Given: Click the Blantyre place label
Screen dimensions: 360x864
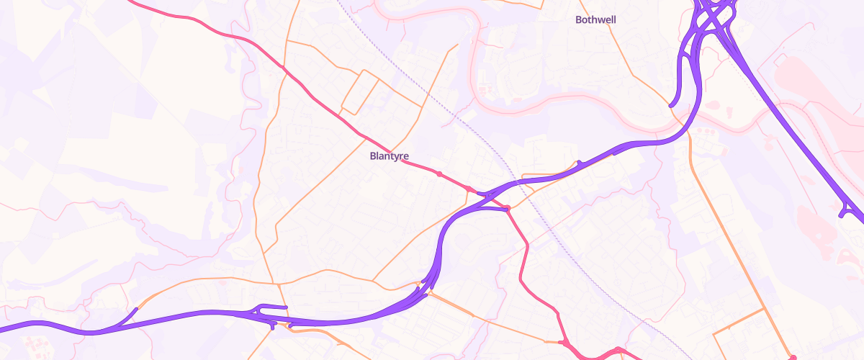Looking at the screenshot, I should (x=389, y=155).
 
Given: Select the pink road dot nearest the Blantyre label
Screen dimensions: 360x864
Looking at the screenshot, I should (x=438, y=174).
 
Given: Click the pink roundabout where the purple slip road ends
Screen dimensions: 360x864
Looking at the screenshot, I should (x=508, y=209).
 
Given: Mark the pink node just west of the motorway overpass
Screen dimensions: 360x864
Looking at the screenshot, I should (x=469, y=189).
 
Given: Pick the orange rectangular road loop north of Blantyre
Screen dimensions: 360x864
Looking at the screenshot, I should (x=359, y=92).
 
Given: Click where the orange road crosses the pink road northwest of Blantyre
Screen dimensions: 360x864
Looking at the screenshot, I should (x=287, y=69).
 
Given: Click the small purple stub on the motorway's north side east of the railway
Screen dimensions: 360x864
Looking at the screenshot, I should (x=578, y=163).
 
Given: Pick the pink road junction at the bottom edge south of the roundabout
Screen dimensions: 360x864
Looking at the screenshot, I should (x=566, y=341).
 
